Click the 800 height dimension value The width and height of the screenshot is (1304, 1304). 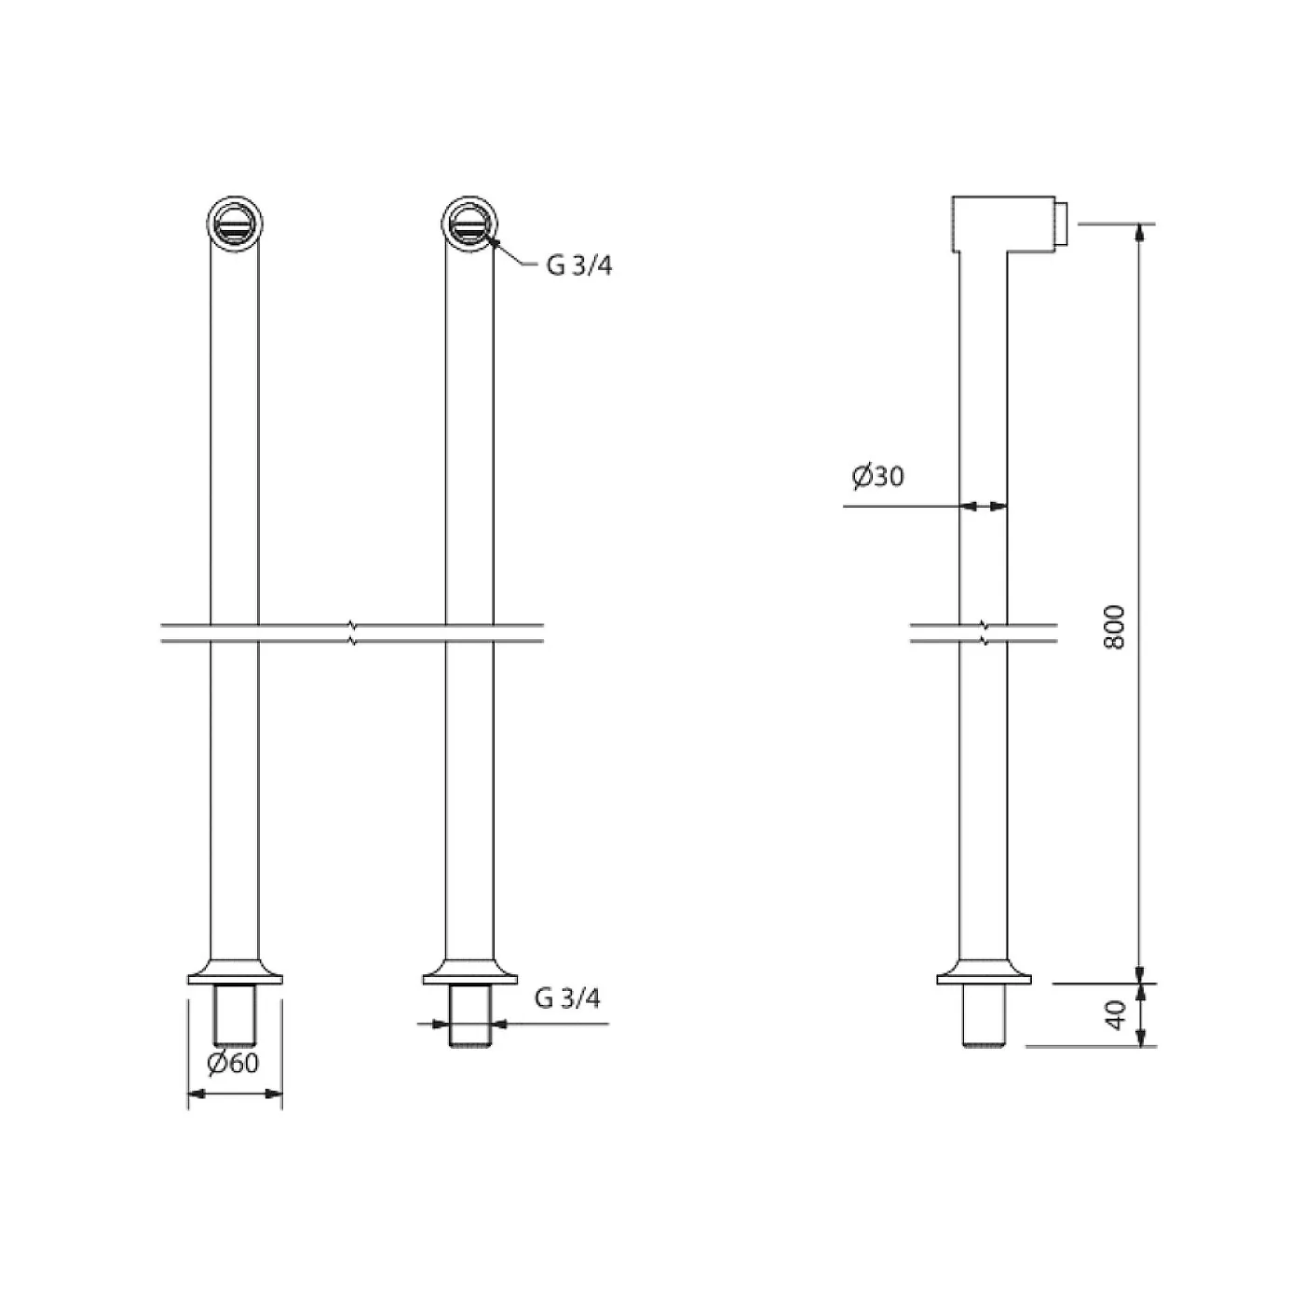[x=1113, y=627]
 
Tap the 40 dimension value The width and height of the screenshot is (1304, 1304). [x=1113, y=1015]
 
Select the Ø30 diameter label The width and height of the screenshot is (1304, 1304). [x=877, y=477]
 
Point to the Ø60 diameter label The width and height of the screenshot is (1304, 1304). [x=233, y=1063]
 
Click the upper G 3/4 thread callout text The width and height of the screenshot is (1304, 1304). [x=578, y=266]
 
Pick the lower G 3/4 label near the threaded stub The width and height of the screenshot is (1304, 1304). [x=567, y=998]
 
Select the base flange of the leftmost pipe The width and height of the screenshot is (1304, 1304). [x=234, y=971]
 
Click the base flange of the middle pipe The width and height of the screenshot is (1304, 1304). [x=469, y=971]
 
